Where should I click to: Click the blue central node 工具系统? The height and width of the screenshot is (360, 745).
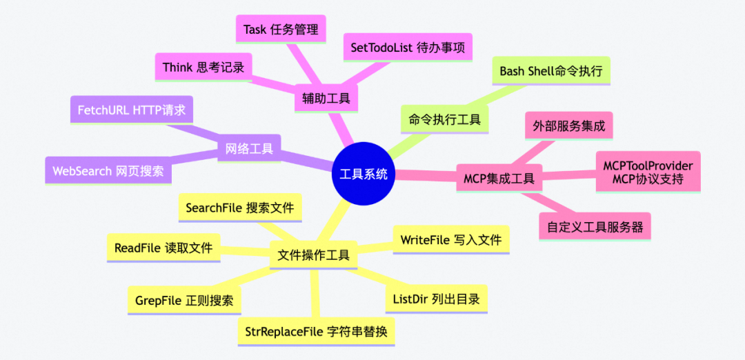pyautogui.click(x=363, y=174)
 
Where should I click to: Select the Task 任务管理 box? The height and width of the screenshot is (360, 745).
pyautogui.click(x=281, y=30)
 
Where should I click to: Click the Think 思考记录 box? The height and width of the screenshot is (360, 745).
pyautogui.click(x=203, y=67)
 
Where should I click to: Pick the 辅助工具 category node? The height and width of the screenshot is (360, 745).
pyautogui.click(x=326, y=98)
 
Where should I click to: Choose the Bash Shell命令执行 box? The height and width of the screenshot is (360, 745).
pyautogui.click(x=550, y=71)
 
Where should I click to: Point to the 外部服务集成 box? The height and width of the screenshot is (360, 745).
pyautogui.click(x=568, y=126)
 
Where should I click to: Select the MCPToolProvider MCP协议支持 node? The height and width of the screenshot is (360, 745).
pyautogui.click(x=648, y=172)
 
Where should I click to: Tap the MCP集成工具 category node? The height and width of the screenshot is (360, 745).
pyautogui.click(x=499, y=179)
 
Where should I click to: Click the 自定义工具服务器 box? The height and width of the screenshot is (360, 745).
pyautogui.click(x=594, y=226)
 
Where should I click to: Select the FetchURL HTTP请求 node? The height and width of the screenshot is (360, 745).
pyautogui.click(x=131, y=110)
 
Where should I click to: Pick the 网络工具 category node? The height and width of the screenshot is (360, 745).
pyautogui.click(x=249, y=148)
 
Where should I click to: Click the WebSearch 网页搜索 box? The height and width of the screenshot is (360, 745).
pyautogui.click(x=108, y=171)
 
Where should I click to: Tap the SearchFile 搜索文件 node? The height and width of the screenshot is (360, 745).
pyautogui.click(x=239, y=208)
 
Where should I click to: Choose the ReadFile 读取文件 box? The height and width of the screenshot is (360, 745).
pyautogui.click(x=163, y=248)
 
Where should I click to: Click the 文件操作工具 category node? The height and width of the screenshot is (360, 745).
pyautogui.click(x=313, y=254)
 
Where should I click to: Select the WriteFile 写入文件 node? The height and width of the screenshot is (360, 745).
pyautogui.click(x=450, y=240)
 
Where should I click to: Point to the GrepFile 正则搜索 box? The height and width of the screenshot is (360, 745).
pyautogui.click(x=184, y=301)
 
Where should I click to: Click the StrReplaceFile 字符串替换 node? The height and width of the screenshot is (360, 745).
pyautogui.click(x=316, y=332)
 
